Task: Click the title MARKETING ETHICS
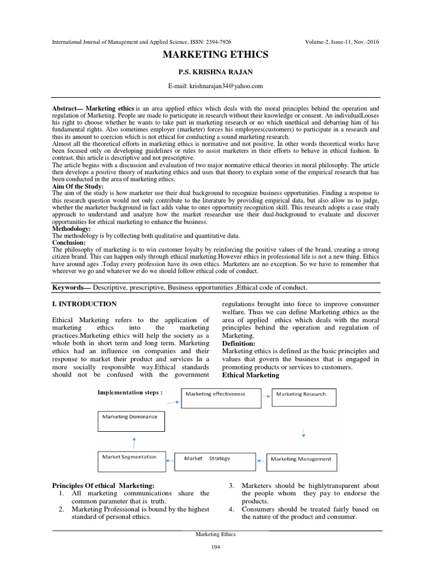[215, 55]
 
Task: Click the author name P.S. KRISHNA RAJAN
[215, 73]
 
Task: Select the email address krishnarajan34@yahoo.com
[215, 86]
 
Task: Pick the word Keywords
[72, 287]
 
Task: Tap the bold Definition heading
[239, 343]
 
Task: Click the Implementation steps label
[131, 393]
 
